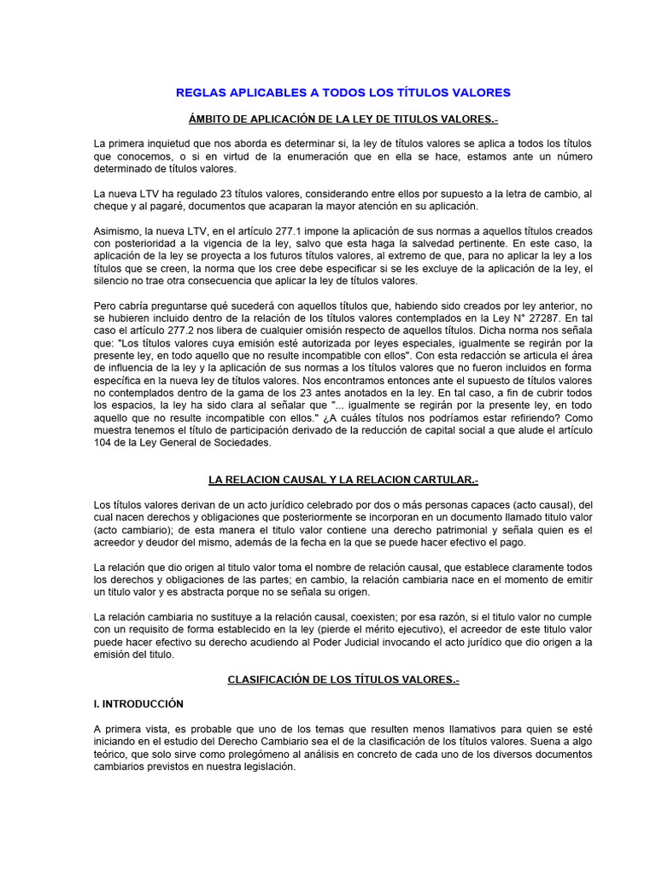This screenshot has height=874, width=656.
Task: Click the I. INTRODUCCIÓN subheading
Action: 138,704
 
